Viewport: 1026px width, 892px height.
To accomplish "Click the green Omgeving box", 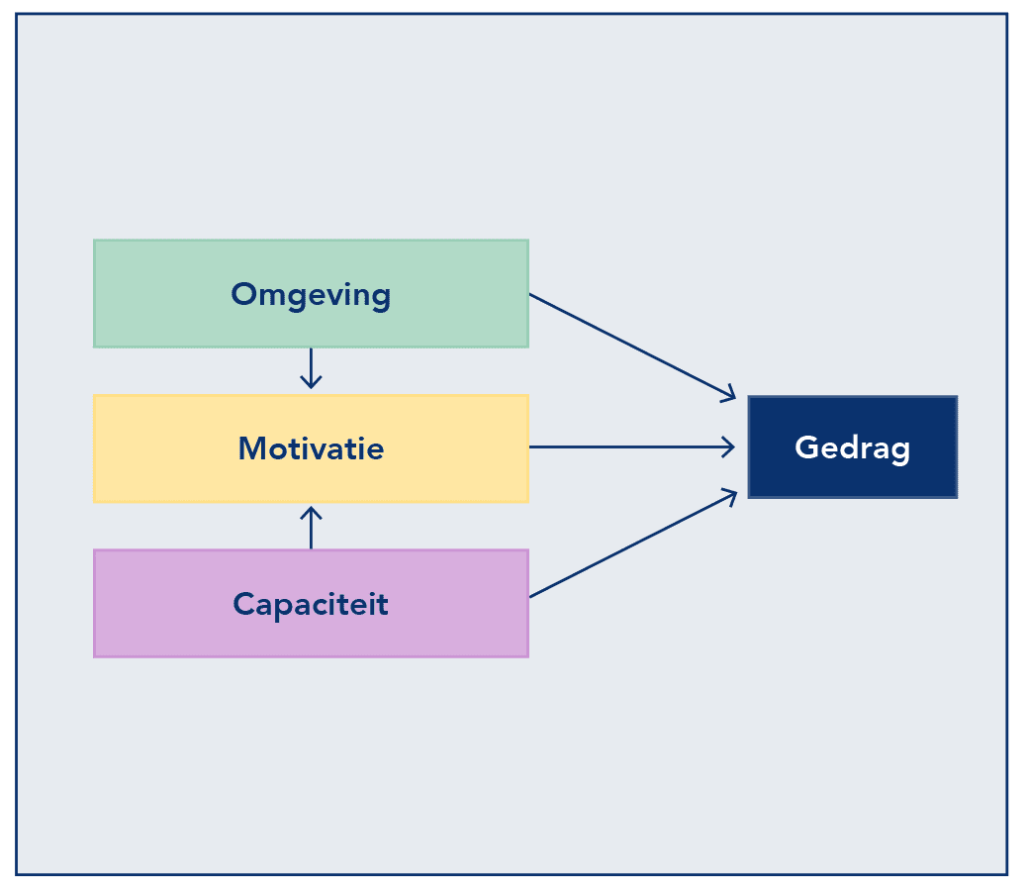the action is (x=311, y=293).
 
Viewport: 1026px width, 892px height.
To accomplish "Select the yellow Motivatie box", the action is (x=311, y=448).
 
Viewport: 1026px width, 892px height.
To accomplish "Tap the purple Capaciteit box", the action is (x=311, y=603).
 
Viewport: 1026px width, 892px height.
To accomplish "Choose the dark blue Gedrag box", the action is (x=853, y=447).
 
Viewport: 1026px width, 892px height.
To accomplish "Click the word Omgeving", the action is (x=311, y=295).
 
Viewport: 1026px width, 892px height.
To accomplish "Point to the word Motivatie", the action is (x=311, y=448).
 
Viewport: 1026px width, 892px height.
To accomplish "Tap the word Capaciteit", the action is (x=311, y=605).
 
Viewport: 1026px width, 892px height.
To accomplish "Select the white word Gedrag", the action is (x=853, y=448).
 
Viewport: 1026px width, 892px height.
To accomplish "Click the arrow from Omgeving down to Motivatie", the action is (x=311, y=368).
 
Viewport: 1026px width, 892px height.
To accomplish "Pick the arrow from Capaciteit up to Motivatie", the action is (x=311, y=528).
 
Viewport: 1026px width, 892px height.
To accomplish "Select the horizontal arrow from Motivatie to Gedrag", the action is (x=632, y=447).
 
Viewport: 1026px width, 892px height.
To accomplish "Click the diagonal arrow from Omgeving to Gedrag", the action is (x=633, y=347).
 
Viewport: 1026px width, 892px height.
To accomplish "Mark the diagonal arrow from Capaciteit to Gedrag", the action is (x=633, y=543).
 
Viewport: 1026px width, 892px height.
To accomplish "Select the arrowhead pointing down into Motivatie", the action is (x=311, y=382).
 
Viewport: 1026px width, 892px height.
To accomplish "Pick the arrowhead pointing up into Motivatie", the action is (x=311, y=514).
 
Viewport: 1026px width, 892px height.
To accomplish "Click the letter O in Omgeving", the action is (x=245, y=293).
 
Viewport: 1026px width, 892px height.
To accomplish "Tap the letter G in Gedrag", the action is (x=807, y=447).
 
